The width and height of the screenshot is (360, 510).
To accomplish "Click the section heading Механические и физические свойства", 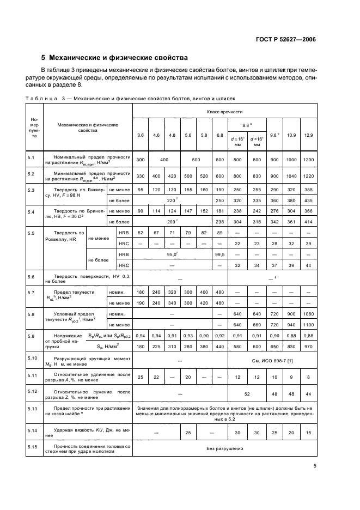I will [x=118, y=57].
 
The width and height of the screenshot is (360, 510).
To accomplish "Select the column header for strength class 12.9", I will [x=308, y=135].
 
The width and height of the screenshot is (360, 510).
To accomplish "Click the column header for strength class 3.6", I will [x=141, y=135].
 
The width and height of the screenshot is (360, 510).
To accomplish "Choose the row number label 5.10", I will [x=32, y=357].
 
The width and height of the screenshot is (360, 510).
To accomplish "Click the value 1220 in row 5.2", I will [x=308, y=177].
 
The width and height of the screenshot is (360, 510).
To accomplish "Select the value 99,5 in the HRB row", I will [x=220, y=254].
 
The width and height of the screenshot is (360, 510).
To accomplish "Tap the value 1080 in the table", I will [x=308, y=314].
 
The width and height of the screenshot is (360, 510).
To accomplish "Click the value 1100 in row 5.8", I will [x=308, y=325].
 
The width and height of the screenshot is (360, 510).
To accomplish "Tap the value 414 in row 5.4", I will [x=308, y=221].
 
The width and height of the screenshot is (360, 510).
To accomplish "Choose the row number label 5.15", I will [x=32, y=446].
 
